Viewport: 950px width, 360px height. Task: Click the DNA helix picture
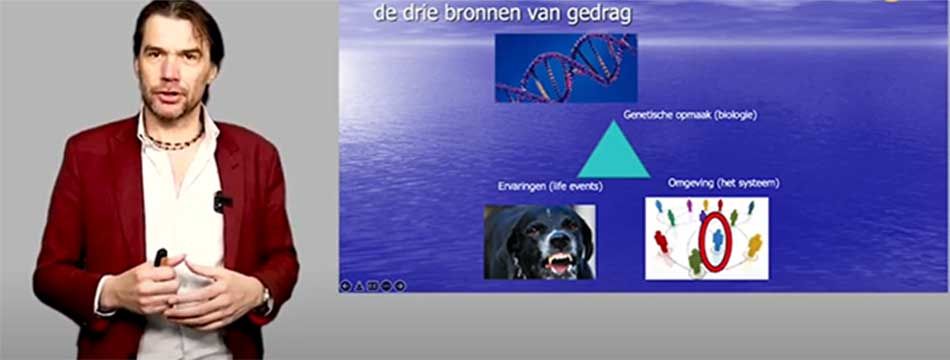(566, 68)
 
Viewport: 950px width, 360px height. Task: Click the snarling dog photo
(540, 242)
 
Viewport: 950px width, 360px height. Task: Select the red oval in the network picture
(716, 242)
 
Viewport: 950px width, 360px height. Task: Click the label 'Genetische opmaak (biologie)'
(690, 115)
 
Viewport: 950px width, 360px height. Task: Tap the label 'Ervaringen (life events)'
(550, 187)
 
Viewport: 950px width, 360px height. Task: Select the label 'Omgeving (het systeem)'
(723, 182)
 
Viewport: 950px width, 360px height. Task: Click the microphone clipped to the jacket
(222, 201)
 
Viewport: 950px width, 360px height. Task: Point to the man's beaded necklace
(174, 141)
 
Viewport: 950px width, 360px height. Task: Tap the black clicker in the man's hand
(161, 257)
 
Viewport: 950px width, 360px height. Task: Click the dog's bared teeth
(559, 261)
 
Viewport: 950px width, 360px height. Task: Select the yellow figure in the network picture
(754, 245)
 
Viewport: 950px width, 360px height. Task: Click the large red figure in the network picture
(661, 242)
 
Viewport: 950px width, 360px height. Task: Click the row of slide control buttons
(373, 285)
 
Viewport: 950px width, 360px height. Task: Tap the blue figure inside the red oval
(717, 240)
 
